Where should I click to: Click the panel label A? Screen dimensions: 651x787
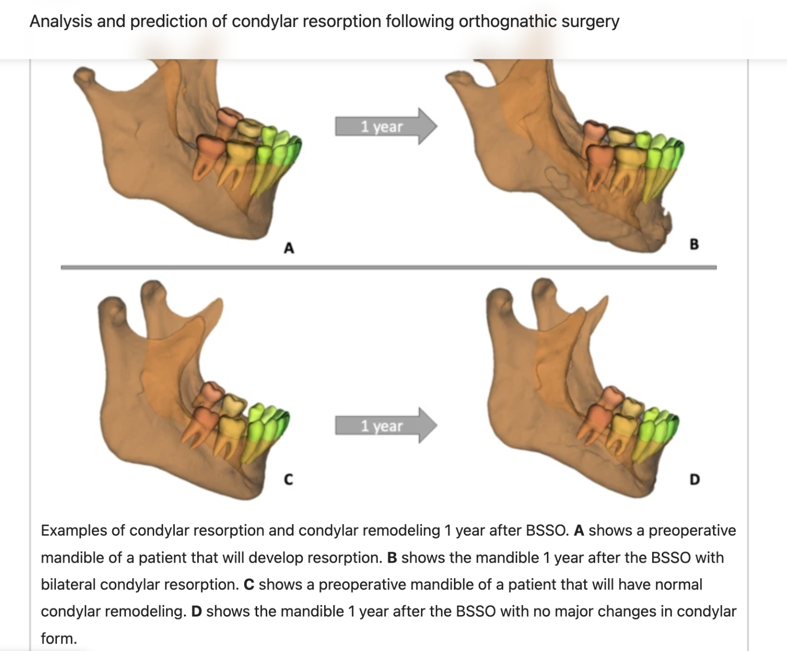pyautogui.click(x=289, y=248)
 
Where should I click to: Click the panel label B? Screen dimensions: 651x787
pyautogui.click(x=694, y=244)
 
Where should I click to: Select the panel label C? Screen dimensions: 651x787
pyautogui.click(x=288, y=479)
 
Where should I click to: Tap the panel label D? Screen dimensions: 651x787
pyautogui.click(x=694, y=479)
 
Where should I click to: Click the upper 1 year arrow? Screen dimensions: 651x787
pyautogui.click(x=385, y=126)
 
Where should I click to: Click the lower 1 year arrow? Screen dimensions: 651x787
pyautogui.click(x=385, y=426)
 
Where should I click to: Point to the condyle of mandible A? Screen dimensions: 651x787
pyautogui.click(x=84, y=76)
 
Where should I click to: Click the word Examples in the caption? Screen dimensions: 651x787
pyautogui.click(x=74, y=530)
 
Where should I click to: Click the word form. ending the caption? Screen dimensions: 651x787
pyautogui.click(x=59, y=639)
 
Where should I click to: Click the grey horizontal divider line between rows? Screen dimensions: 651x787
pyautogui.click(x=389, y=268)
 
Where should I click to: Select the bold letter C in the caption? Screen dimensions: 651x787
pyautogui.click(x=249, y=584)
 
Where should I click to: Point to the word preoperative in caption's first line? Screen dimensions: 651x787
pyautogui.click(x=692, y=530)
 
